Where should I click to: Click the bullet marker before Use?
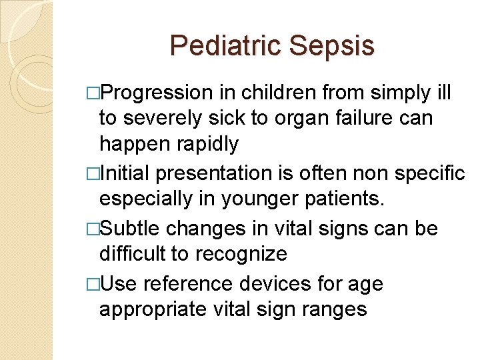pos(92,284)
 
